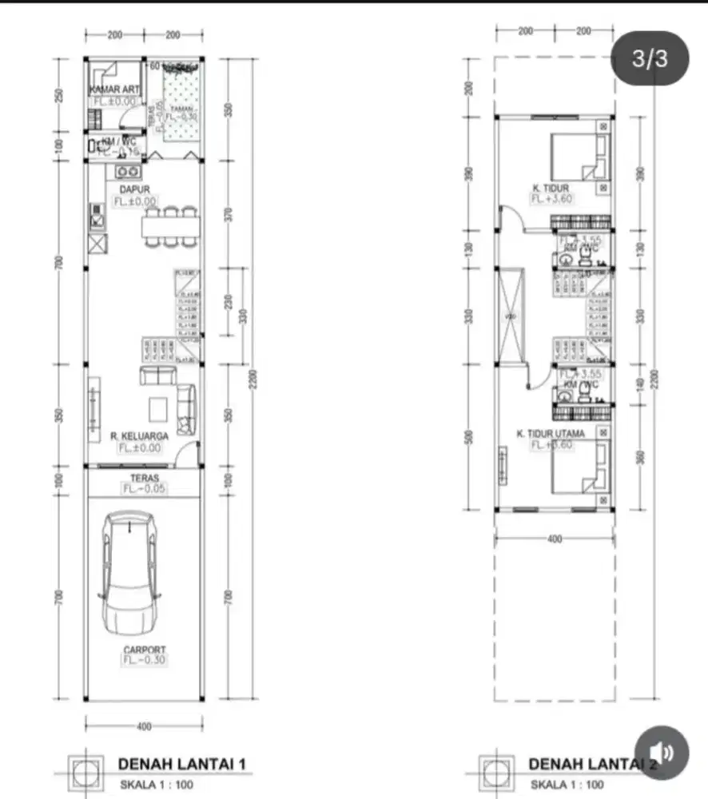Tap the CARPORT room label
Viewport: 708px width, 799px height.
pos(145,650)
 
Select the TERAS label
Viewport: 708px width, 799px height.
pos(145,477)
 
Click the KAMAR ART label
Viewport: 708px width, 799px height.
pos(114,90)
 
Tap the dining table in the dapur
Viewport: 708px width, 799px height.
pos(169,228)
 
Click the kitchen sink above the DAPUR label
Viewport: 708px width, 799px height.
pos(127,171)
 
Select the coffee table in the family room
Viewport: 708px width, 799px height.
pos(157,406)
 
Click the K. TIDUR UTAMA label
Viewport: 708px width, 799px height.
pos(551,434)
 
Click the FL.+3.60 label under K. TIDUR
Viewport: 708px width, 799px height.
pos(551,199)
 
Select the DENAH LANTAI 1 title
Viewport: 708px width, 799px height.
pos(181,764)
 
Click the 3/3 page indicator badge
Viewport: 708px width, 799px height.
pos(649,58)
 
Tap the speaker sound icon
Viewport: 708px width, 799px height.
pos(662,752)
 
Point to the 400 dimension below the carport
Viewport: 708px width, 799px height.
pos(144,727)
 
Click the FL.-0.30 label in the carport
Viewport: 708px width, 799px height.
pos(145,661)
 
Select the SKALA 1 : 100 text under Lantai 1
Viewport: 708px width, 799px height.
pos(157,785)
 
